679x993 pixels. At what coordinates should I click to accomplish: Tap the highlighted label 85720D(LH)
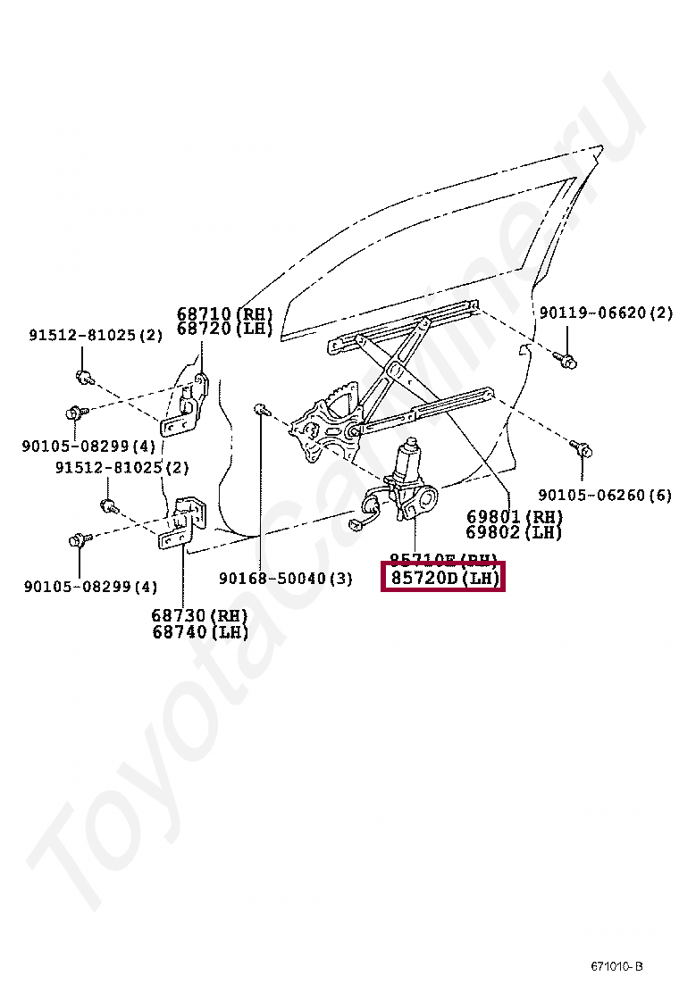(x=444, y=578)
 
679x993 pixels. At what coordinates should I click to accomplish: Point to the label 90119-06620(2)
(x=606, y=313)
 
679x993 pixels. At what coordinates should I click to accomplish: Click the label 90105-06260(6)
(x=604, y=496)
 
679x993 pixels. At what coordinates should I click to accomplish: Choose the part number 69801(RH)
(x=514, y=517)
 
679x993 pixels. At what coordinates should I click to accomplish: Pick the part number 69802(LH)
(x=514, y=532)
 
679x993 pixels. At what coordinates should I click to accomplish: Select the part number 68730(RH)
(x=199, y=616)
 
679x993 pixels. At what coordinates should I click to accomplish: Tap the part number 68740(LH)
(x=199, y=632)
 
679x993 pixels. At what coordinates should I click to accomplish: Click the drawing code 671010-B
(x=616, y=966)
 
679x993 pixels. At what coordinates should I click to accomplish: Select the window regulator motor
(x=409, y=473)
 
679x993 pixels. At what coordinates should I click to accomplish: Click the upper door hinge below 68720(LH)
(x=189, y=404)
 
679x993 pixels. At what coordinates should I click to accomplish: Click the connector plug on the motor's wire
(x=365, y=513)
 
